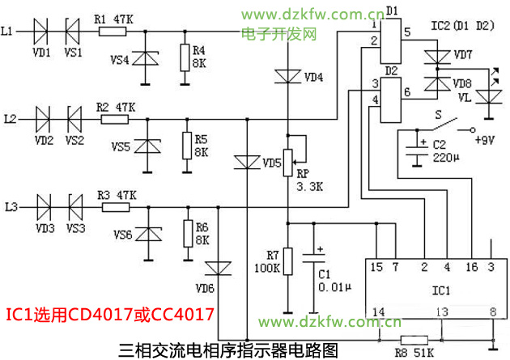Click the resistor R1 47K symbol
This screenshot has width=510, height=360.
113,32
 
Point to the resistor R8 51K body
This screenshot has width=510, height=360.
415,341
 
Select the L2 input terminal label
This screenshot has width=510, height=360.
10,119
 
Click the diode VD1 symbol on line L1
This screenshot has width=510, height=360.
44,32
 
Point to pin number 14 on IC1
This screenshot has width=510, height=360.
376,311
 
